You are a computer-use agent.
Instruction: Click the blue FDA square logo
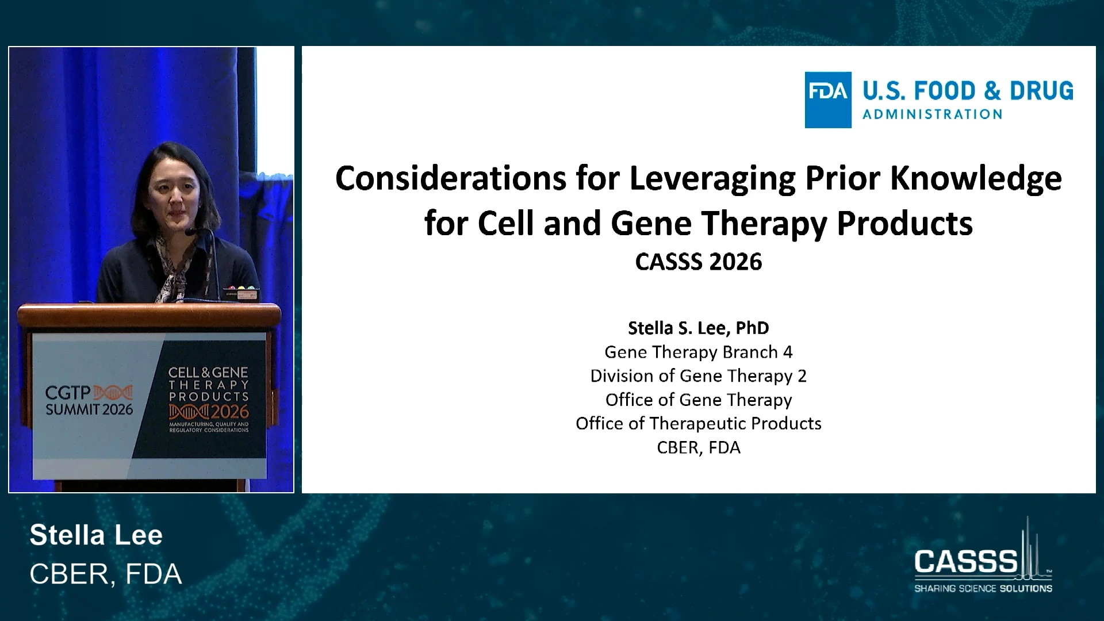pos(828,100)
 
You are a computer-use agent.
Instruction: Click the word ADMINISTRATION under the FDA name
pos(933,114)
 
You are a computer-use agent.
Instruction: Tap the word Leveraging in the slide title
pos(713,179)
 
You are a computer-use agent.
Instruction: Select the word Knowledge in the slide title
pos(976,179)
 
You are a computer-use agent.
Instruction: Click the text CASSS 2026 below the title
pos(699,262)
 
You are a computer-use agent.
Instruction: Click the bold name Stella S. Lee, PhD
pos(699,328)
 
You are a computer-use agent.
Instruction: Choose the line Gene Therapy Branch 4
pos(699,352)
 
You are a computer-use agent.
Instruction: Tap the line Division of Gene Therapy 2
pos(699,376)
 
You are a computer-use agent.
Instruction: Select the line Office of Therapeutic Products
pos(699,424)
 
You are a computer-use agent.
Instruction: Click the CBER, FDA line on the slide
pos(699,447)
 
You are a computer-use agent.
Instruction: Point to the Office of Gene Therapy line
pos(699,400)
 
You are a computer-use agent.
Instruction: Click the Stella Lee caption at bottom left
pos(96,535)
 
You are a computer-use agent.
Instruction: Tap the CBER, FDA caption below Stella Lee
pos(106,574)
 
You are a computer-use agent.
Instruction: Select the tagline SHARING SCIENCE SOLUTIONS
pos(983,588)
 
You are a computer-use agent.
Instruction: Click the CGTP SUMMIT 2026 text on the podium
pos(89,401)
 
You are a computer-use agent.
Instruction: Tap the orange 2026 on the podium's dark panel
pos(229,412)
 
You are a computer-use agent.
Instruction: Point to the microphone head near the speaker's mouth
pos(191,232)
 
